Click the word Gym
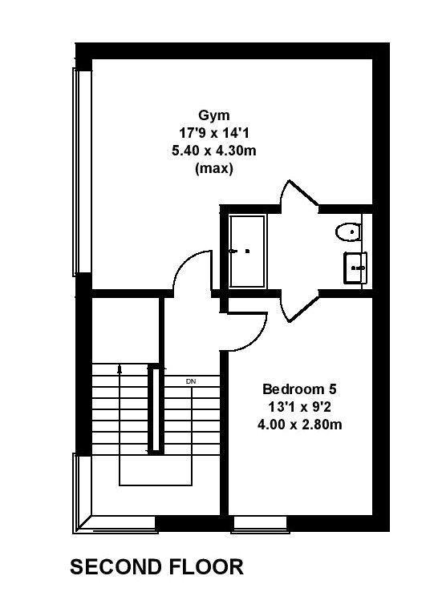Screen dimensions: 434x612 click(214, 115)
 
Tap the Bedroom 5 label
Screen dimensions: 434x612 click(299, 389)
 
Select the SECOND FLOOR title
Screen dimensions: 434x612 click(156, 566)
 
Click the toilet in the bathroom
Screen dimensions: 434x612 click(348, 232)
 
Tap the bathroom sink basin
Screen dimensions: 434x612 click(355, 268)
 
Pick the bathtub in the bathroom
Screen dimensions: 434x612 click(247, 252)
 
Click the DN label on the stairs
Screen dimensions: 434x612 click(191, 382)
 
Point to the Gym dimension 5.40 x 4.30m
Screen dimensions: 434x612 click(214, 151)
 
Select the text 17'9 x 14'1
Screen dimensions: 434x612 click(214, 133)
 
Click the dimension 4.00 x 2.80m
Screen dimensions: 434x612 click(299, 425)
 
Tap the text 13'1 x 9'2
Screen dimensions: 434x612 click(299, 407)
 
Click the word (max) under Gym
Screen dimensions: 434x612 click(214, 169)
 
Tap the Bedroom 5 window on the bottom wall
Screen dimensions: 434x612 click(261, 524)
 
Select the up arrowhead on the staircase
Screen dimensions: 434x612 click(120, 368)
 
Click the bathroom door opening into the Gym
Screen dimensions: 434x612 click(298, 194)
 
